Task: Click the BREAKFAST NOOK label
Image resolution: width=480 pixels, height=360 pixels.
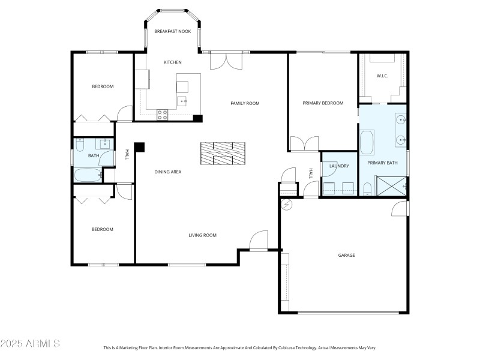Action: coord(173,31)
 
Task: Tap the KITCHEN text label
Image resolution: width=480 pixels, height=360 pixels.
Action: coord(173,62)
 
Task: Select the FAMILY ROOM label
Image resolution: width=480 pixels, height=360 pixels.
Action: coord(245,103)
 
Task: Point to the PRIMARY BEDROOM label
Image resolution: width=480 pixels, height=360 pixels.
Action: coord(323,103)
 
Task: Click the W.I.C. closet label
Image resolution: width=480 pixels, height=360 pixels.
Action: coord(383,76)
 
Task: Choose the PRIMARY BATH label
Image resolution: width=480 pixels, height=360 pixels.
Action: coord(382,163)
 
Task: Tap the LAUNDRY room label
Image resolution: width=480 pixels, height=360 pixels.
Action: coord(339,166)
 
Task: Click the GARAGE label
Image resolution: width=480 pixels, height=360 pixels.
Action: coord(346,255)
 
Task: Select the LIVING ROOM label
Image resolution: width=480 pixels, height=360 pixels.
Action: coord(202,235)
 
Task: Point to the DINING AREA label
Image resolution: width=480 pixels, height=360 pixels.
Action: coord(168,172)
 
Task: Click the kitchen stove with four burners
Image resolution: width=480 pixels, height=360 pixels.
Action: coord(162,113)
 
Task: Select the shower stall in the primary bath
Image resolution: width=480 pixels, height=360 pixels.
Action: coord(391,186)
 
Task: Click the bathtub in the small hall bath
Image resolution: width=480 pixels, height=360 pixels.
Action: coord(88,175)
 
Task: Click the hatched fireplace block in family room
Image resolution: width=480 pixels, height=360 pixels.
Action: coord(223,153)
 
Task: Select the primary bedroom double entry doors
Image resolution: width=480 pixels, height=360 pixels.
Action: coord(304,144)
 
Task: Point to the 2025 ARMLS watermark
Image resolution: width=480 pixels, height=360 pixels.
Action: coord(30,344)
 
